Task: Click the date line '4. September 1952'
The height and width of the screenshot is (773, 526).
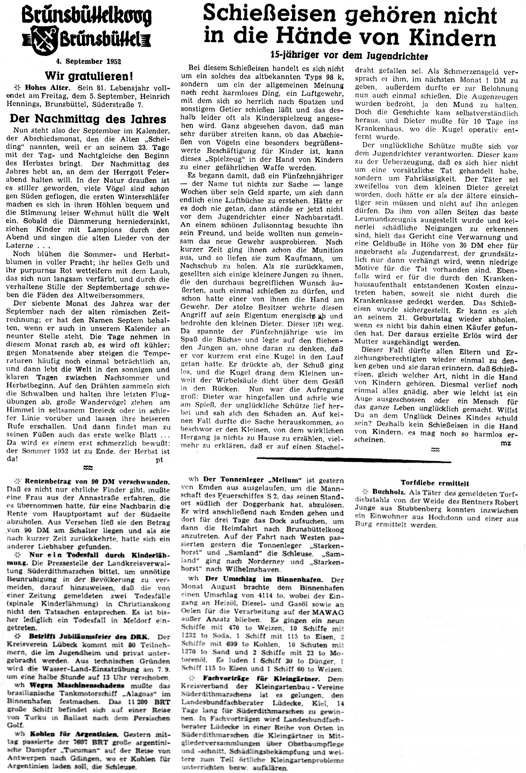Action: pos(88,61)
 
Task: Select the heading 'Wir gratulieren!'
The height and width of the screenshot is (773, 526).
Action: pos(89,76)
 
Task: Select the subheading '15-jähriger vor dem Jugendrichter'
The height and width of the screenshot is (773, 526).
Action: pos(349,55)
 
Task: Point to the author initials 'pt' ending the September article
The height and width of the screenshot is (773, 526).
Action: pos(159,460)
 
